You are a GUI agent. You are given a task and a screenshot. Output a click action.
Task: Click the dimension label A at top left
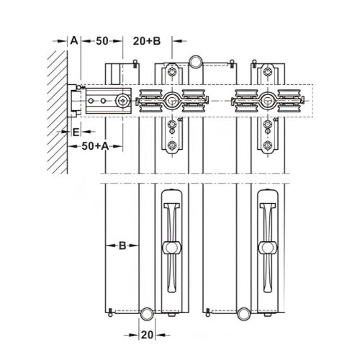pos(74,42)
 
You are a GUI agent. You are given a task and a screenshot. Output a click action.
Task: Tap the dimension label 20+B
pos(148,42)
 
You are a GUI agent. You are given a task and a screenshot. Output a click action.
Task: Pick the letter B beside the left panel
pos(122,246)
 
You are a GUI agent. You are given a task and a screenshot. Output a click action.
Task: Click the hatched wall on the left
pos(58,108)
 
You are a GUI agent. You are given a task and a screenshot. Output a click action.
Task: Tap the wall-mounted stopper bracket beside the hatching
pos(75,102)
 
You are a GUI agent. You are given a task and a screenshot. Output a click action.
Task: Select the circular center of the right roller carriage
pos(267,101)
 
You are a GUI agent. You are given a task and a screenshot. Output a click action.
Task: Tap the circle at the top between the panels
pos(194,61)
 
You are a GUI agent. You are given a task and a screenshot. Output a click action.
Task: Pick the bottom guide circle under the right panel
pos(243,313)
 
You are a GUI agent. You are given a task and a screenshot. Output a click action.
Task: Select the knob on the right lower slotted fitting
pos(267,248)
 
